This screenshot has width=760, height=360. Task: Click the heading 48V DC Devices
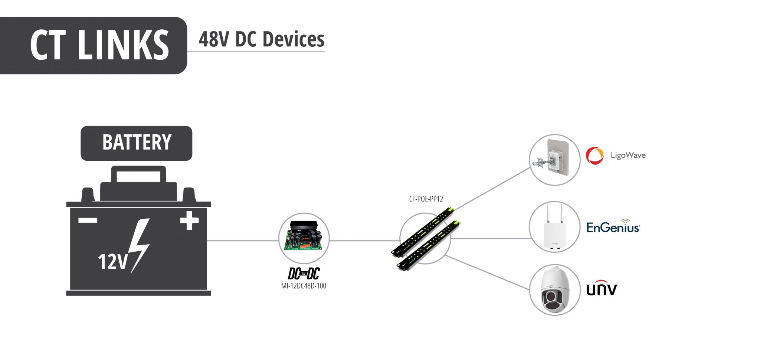tap(261, 39)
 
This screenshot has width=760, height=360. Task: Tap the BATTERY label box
tap(136, 143)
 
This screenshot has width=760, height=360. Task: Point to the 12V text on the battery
tap(112, 262)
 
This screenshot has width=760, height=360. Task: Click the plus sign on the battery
tap(189, 220)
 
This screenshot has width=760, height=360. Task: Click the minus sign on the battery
tap(88, 220)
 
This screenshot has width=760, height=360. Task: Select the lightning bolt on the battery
tap(140, 245)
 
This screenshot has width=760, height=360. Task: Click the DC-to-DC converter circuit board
tap(304, 238)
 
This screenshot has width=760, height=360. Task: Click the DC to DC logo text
tap(304, 274)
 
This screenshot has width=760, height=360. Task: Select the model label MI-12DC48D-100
tap(304, 286)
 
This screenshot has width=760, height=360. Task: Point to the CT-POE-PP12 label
tap(426, 199)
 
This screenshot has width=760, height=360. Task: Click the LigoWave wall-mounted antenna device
tap(555, 160)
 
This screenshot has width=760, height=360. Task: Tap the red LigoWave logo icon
tap(594, 156)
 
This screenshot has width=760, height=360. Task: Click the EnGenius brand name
tap(613, 227)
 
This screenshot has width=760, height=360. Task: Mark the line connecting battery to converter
tap(243, 240)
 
